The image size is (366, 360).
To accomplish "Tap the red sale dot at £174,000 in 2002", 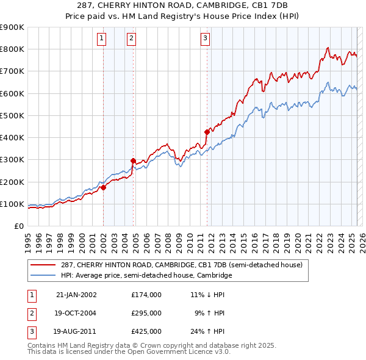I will [x=104, y=188].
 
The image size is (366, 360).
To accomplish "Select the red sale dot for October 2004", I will [x=133, y=161].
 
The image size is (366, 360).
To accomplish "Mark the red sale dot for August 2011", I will [x=207, y=132].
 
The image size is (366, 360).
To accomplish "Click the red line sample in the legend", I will [x=43, y=265].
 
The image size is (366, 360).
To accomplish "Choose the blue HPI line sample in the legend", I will [x=43, y=276].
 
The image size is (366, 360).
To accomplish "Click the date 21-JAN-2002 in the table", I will [x=76, y=294].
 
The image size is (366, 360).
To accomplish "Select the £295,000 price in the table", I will [x=146, y=313].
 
